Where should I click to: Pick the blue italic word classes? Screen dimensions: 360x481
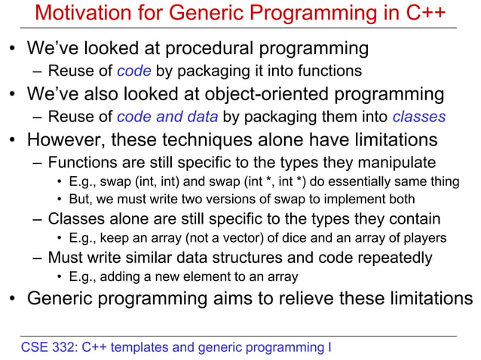click(419, 117)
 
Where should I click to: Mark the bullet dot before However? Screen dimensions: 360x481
click(14, 141)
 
